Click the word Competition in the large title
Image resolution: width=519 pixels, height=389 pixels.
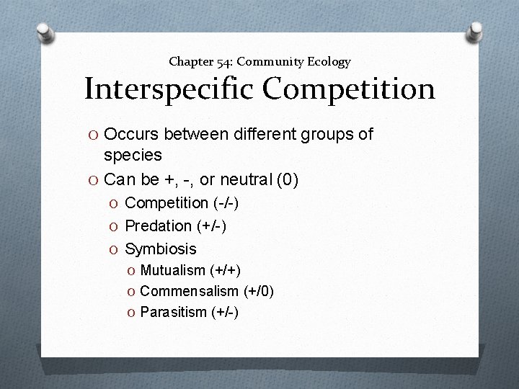[349, 90]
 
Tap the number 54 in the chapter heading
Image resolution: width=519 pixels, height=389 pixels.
[216, 62]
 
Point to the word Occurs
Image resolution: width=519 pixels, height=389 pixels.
[133, 134]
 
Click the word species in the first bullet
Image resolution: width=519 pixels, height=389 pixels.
[133, 155]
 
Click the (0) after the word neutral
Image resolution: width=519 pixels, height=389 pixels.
[287, 178]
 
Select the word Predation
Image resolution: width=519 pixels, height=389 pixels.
[158, 226]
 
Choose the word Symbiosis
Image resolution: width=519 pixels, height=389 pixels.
[160, 249]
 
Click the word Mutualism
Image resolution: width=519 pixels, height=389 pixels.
[173, 271]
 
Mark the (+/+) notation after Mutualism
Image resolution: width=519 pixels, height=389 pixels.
[226, 271]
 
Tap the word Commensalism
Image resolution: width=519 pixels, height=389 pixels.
[189, 291]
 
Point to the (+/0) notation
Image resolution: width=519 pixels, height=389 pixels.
[257, 291]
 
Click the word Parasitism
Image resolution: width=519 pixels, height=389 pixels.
[172, 312]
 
